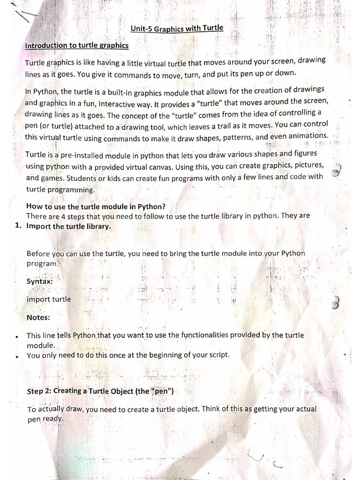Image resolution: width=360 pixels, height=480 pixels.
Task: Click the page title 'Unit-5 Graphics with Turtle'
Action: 177,29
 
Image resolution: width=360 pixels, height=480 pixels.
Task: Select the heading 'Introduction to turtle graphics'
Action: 76,46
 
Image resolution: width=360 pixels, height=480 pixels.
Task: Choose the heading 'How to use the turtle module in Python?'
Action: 96,206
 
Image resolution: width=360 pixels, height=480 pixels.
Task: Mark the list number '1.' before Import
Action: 19,226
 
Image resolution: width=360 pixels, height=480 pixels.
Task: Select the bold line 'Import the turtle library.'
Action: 69,226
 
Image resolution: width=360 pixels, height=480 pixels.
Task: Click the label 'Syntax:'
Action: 39,281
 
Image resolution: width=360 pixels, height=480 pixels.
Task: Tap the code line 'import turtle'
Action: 49,299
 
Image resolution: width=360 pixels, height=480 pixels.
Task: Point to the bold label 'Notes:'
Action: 38,317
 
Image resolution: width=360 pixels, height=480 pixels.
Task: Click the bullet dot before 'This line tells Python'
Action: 17,337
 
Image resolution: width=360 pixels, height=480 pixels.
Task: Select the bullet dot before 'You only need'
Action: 17,356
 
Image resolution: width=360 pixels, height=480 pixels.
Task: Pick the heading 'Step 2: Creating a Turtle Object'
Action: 100,390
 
